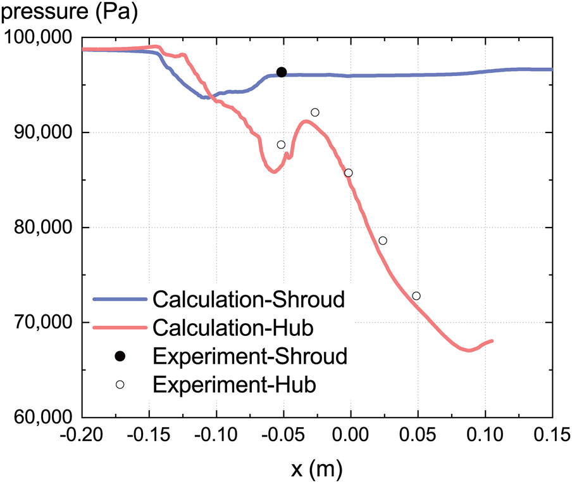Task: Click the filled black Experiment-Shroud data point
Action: point(282,72)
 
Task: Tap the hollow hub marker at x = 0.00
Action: point(348,173)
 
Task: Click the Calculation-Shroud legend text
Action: point(249,299)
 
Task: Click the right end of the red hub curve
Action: point(492,341)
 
